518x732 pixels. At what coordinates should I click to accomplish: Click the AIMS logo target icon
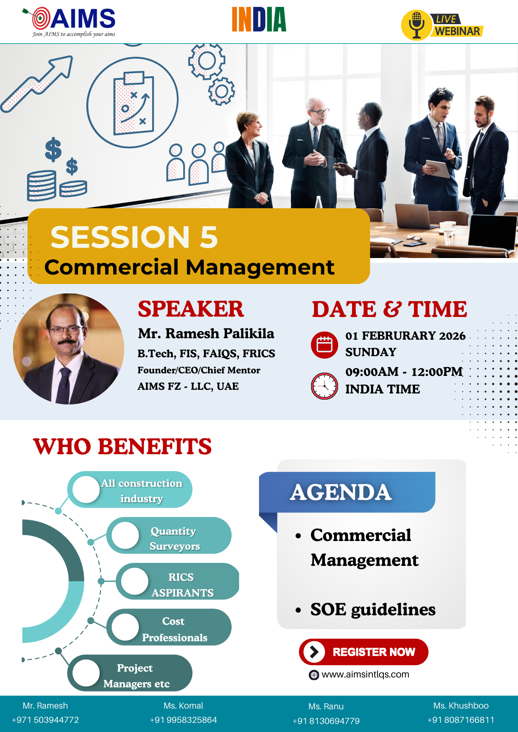click(41, 18)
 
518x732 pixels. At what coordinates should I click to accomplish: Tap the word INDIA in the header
click(259, 19)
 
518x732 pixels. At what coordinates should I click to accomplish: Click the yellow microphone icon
click(417, 25)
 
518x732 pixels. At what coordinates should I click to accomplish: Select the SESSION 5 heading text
click(134, 237)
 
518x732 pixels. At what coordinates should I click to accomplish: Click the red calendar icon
click(324, 345)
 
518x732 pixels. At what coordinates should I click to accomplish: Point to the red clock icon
click(324, 386)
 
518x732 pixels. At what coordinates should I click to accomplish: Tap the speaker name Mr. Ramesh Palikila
click(206, 333)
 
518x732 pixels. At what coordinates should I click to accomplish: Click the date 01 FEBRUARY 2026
click(405, 336)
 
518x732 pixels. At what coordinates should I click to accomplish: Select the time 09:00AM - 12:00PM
click(404, 371)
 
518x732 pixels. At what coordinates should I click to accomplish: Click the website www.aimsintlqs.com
click(365, 675)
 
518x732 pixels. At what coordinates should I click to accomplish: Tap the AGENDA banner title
click(341, 492)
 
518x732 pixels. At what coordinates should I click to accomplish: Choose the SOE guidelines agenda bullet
click(373, 609)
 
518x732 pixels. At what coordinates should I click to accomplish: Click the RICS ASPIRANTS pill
click(178, 581)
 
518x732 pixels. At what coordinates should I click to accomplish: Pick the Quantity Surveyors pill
click(169, 535)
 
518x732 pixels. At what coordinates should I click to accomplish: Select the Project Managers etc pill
click(130, 673)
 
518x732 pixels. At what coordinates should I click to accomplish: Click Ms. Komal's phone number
click(183, 720)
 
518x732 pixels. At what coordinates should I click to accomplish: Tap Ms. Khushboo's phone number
click(461, 720)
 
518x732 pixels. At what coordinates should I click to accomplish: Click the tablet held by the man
click(437, 169)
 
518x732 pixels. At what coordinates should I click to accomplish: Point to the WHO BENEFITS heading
click(122, 447)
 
